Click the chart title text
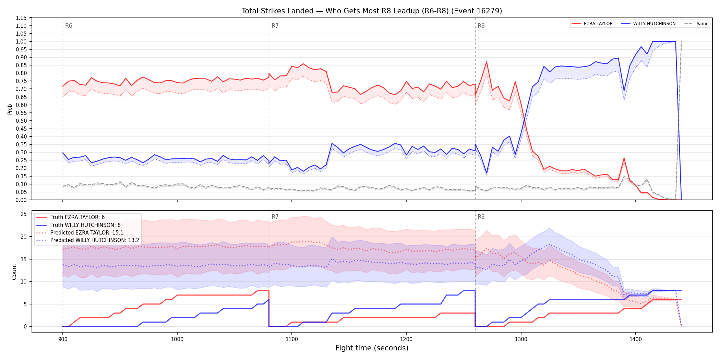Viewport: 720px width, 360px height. (x=372, y=11)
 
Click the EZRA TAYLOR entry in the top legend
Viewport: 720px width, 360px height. (x=592, y=24)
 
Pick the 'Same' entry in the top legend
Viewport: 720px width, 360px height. (x=696, y=24)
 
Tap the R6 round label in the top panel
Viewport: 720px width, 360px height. (x=69, y=26)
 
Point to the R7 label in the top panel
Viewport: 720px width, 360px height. (x=275, y=26)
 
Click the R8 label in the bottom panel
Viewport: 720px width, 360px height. (x=481, y=217)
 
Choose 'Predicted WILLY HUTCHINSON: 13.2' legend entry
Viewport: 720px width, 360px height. (x=87, y=240)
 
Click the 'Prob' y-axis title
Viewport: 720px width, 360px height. (x=10, y=109)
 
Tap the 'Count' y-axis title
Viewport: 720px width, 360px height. (x=14, y=272)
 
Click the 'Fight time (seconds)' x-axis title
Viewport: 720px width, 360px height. (x=372, y=348)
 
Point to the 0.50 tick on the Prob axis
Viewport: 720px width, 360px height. (x=21, y=121)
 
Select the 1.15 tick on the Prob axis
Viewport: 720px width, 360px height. (x=21, y=18)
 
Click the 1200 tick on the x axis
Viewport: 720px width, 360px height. (x=406, y=340)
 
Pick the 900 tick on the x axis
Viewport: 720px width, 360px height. (x=63, y=340)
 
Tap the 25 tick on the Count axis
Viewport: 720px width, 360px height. (x=24, y=214)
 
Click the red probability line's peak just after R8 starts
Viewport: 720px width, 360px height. (x=487, y=62)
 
